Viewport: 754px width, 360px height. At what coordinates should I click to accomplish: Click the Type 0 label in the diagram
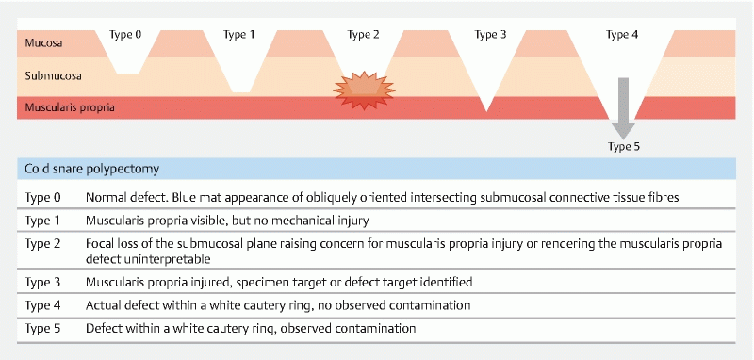point(125,35)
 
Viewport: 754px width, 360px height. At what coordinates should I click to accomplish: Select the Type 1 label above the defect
point(239,35)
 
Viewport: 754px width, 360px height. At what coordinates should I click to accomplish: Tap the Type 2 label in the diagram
point(363,35)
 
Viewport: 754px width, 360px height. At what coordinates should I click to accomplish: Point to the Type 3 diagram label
point(490,35)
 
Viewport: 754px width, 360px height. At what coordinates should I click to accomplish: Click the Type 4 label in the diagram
point(622,35)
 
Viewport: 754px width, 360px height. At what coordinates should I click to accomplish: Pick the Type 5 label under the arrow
point(624,147)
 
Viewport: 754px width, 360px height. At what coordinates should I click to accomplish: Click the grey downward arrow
point(623,108)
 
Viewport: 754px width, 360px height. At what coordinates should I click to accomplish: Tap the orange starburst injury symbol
point(364,90)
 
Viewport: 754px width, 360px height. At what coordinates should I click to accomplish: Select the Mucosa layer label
point(43,42)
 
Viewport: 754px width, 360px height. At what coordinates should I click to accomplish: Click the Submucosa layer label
point(53,75)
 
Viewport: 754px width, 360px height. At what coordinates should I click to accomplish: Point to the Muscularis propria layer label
point(70,107)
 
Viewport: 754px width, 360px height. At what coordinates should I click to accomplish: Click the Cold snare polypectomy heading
point(91,170)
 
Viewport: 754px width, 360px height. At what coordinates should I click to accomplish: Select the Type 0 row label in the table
point(42,197)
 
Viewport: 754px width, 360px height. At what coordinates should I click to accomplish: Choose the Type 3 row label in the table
point(42,282)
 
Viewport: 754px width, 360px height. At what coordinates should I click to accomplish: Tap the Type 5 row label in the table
point(42,329)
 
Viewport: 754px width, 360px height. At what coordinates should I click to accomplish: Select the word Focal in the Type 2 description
point(100,244)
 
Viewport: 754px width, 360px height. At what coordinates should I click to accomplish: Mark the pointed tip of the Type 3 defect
point(486,111)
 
